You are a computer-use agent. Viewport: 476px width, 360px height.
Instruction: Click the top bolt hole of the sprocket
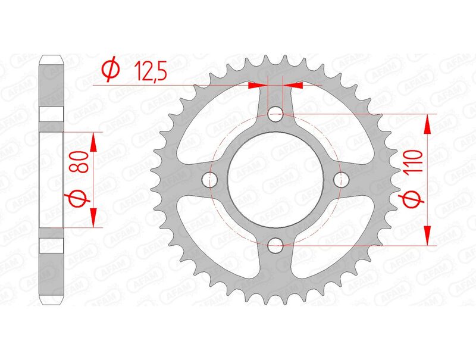point(275,113)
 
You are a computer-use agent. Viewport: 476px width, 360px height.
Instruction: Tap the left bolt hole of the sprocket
point(209,179)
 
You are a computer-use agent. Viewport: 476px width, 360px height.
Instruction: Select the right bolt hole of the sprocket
point(341,179)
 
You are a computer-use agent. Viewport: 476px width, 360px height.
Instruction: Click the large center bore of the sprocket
point(275,179)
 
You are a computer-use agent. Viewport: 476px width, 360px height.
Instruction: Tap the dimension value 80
point(82,161)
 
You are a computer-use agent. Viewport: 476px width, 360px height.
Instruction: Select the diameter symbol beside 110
point(415,202)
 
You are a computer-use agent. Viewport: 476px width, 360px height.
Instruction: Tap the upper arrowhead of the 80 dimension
point(93,142)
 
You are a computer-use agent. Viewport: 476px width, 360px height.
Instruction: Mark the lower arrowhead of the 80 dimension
point(93,217)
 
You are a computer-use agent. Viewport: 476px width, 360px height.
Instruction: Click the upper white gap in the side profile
point(51,114)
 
